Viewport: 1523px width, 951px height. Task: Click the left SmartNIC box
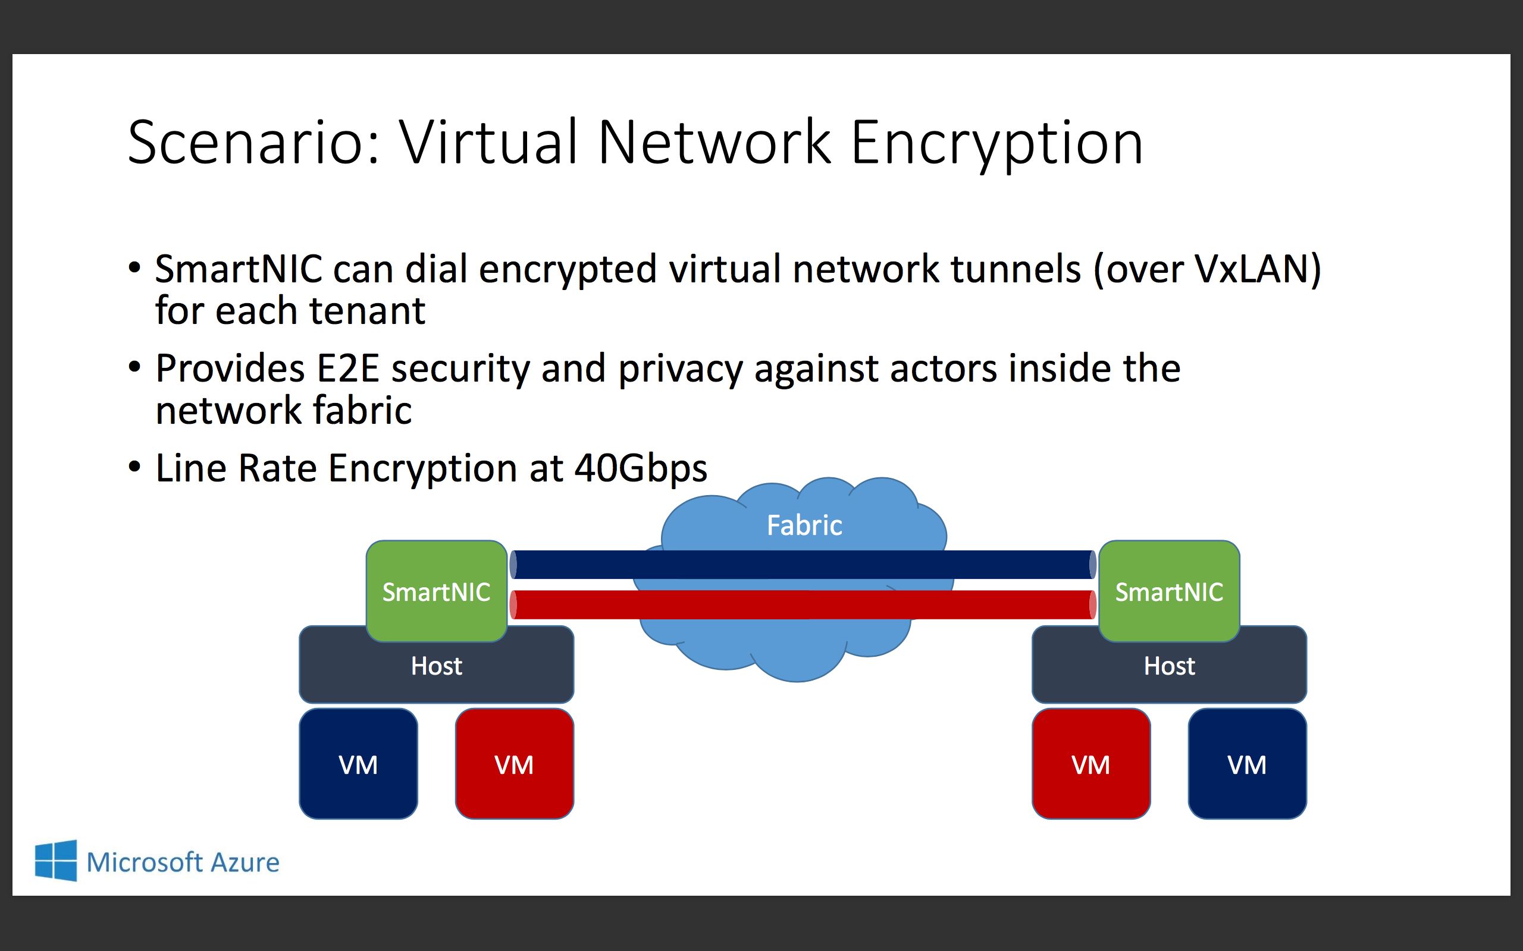click(x=436, y=591)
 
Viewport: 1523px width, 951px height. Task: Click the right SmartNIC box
click(x=1168, y=591)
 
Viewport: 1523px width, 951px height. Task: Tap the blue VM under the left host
click(x=358, y=764)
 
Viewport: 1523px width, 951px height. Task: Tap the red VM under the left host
click(x=514, y=764)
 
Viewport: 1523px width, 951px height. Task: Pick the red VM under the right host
click(x=1090, y=764)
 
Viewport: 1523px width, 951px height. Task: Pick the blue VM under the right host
click(x=1247, y=764)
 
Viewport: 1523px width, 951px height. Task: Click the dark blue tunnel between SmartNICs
click(x=803, y=564)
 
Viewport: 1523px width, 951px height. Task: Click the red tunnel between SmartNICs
click(x=803, y=604)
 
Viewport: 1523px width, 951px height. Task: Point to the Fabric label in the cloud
click(x=804, y=525)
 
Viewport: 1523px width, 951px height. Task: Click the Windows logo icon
click(x=56, y=861)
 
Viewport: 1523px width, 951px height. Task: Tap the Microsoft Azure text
click(x=183, y=862)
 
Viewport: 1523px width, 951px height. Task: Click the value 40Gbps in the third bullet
click(x=641, y=468)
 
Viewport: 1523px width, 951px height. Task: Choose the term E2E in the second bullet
click(x=347, y=369)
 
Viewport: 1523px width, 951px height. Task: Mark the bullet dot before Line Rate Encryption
click(x=134, y=467)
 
